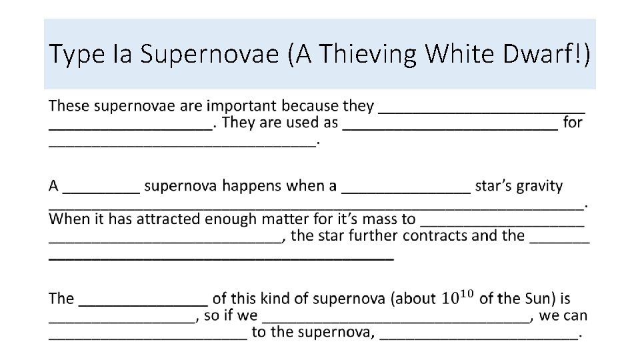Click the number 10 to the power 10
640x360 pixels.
coord(456,298)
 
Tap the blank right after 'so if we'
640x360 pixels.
coord(397,318)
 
